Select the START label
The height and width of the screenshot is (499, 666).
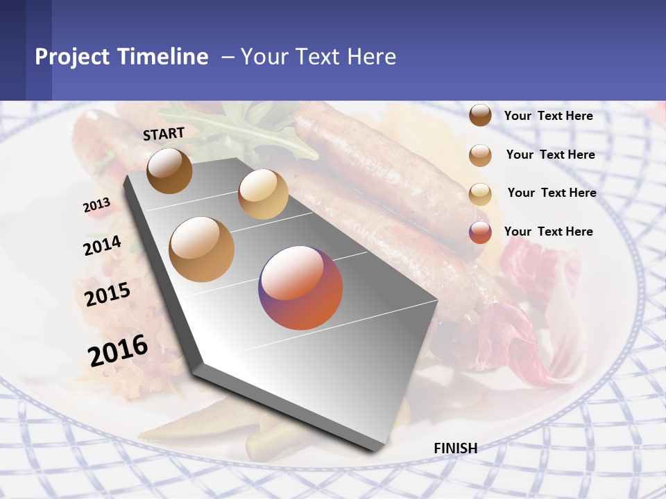(164, 134)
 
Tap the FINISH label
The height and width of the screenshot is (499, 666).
(455, 448)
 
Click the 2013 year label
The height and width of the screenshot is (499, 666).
(96, 205)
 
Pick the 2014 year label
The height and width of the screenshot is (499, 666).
(102, 245)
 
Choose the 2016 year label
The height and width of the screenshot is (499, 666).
(118, 350)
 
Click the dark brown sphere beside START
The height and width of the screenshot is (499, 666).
(170, 170)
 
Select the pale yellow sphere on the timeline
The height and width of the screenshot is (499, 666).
(263, 194)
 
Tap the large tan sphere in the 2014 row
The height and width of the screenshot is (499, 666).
(202, 249)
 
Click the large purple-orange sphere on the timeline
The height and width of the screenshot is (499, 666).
(300, 288)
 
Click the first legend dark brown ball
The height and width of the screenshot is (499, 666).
(480, 116)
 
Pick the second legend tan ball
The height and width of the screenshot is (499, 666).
(480, 155)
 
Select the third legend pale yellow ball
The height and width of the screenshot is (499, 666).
(480, 193)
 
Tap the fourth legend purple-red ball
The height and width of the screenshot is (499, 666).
(480, 232)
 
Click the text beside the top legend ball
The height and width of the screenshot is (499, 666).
(548, 116)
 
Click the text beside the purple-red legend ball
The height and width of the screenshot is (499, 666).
(548, 231)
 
